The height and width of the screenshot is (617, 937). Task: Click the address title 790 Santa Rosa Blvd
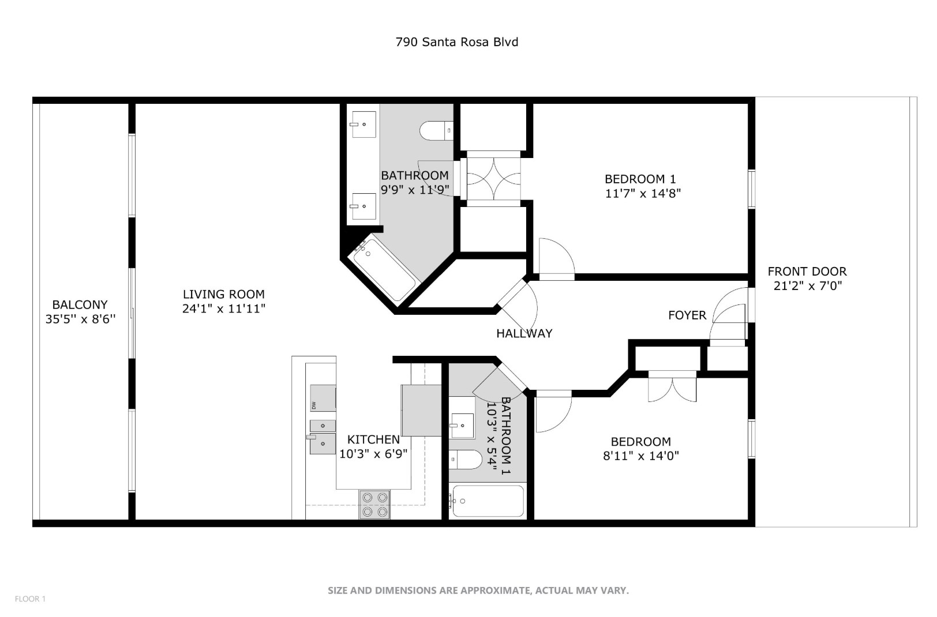coord(456,42)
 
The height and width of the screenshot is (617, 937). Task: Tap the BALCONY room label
coord(80,304)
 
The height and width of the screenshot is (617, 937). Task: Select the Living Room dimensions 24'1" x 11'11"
coord(224,309)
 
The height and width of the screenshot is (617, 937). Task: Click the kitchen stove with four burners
coord(374,505)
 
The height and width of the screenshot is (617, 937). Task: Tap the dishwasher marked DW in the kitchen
coord(323,398)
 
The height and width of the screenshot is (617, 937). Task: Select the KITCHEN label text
coord(373,439)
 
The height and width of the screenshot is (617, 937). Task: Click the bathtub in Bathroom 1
coord(488,501)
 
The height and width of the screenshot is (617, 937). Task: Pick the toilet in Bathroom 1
coord(466,460)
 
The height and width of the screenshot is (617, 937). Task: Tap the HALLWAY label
coord(524,333)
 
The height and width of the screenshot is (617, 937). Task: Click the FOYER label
coord(687,315)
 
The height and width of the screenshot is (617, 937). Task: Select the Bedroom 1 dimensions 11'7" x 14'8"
coord(643,194)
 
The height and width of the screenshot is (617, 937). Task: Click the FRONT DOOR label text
coord(807,272)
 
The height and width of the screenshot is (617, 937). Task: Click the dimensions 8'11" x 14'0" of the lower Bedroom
coord(640,456)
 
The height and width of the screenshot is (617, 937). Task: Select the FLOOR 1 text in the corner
coord(30,599)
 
